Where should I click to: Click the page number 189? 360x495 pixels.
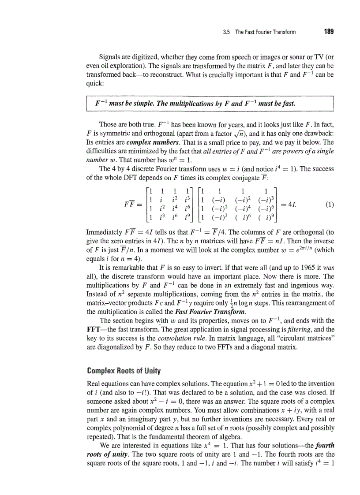click(x=328, y=31)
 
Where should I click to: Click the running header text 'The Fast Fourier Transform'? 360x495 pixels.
click(x=265, y=32)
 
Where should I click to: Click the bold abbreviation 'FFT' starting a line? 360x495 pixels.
click(x=94, y=329)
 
